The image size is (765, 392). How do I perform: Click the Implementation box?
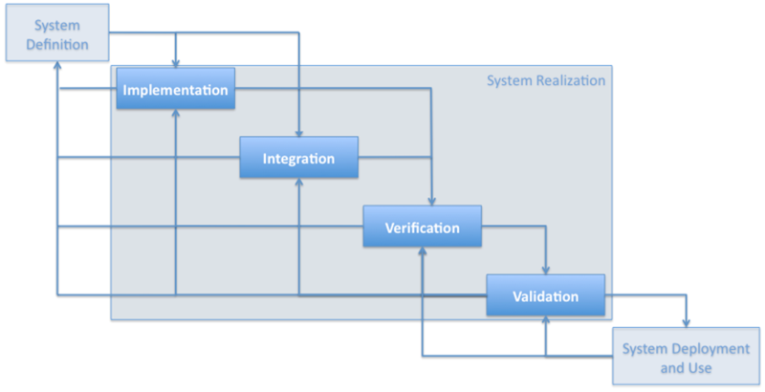point(175,90)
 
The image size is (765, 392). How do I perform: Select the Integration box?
point(298,158)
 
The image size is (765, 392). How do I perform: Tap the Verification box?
point(422,228)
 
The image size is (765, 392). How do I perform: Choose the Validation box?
point(545,295)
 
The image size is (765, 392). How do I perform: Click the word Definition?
point(57,44)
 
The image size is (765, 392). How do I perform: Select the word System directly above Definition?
point(57,26)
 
